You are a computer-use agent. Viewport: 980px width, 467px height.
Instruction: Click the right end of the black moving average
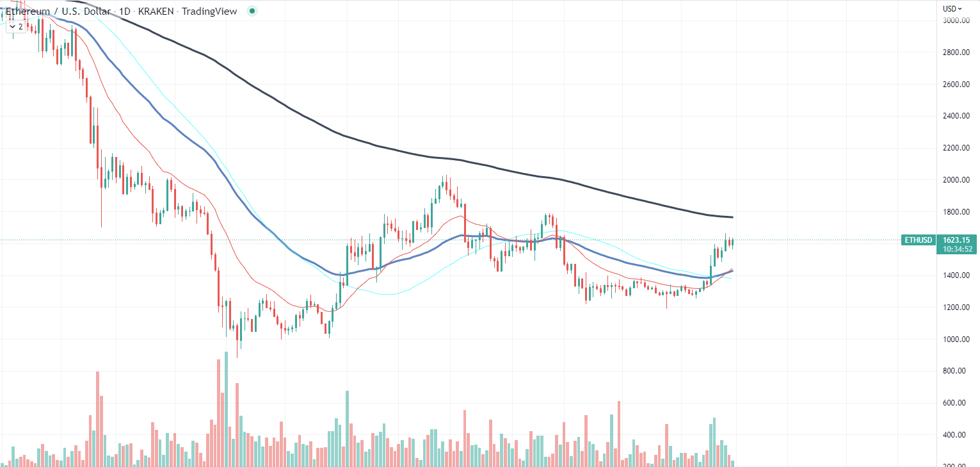click(732, 217)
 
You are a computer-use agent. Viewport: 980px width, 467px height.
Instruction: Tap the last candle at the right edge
click(732, 243)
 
